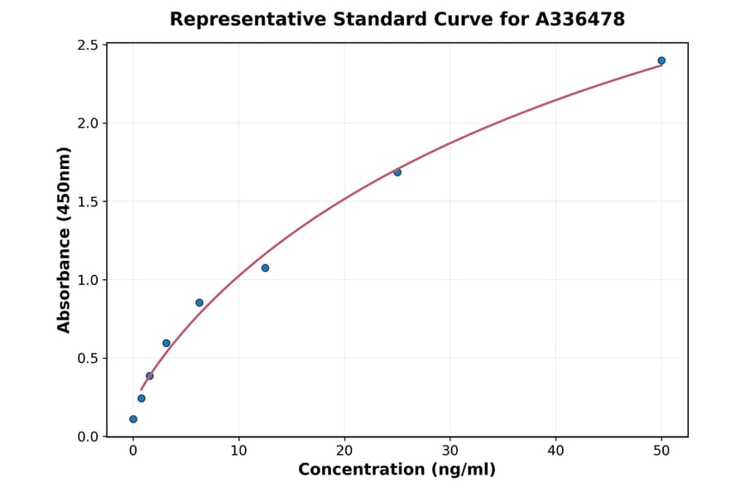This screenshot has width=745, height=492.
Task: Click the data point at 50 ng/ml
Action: (x=661, y=60)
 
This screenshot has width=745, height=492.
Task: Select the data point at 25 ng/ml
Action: (x=397, y=172)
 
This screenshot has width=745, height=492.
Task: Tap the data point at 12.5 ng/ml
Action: (x=265, y=268)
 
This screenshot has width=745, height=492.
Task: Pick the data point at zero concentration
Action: (x=133, y=419)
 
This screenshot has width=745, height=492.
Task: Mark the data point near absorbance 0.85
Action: (x=199, y=302)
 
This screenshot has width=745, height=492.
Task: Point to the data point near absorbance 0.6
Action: (x=166, y=343)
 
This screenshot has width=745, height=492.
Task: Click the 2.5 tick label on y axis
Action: (x=88, y=45)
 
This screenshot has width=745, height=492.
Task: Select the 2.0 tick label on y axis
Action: (x=88, y=123)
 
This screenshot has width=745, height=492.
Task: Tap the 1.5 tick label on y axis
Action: (x=88, y=201)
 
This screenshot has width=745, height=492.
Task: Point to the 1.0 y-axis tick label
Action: (x=88, y=280)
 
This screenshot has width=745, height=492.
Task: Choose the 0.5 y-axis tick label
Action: (x=88, y=358)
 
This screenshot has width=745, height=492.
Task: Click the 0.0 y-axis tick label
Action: (x=88, y=437)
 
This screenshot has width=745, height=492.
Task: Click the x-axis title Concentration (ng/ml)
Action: (x=397, y=470)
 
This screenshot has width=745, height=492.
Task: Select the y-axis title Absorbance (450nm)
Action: (x=65, y=240)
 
